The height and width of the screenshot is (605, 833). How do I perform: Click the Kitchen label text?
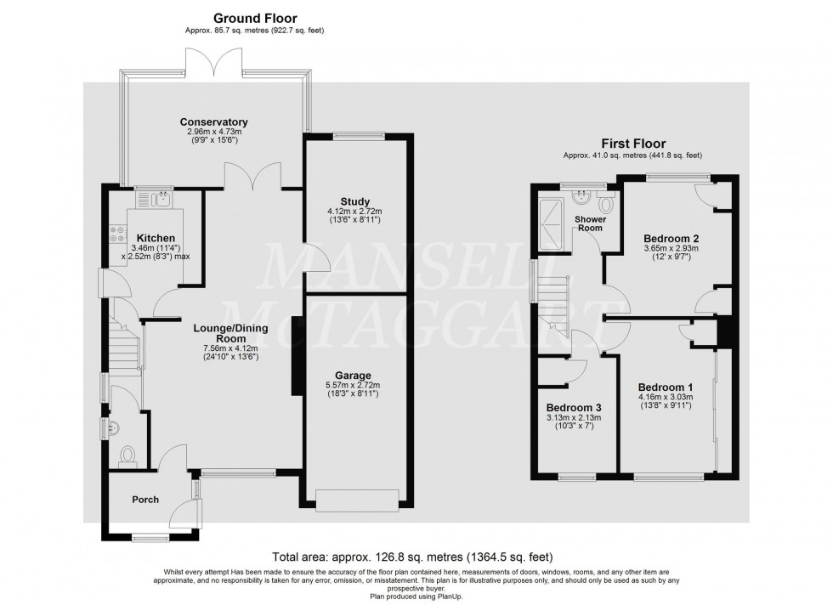[156, 238]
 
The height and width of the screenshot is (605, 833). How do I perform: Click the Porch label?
[145, 500]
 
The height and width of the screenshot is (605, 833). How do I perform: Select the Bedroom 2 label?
[670, 237]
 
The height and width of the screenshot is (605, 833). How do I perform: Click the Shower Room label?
[589, 223]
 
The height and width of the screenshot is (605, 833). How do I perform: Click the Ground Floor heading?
[254, 18]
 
